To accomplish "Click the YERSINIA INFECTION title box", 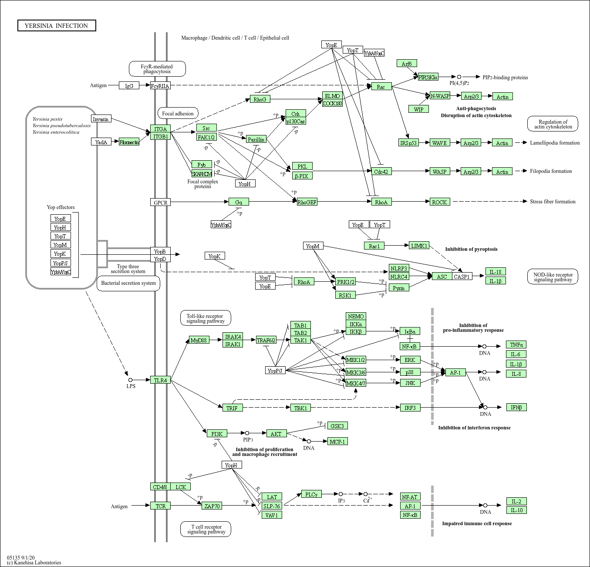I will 57,26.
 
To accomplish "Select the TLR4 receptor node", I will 160,380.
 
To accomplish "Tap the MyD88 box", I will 199,340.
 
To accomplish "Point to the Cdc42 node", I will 381,172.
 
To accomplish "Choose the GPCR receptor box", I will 160,202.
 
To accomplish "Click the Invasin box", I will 101,119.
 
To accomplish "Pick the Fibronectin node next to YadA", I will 129,142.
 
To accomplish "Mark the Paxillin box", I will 256,139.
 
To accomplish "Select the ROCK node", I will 439,202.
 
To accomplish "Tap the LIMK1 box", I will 419,246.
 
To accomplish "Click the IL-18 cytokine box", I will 496,272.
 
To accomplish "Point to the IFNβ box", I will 516,407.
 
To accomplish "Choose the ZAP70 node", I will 212,506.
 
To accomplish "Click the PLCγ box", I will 311,494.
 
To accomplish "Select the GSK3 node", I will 337,426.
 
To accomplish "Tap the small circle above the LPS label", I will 130,380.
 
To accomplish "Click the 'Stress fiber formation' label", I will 553,202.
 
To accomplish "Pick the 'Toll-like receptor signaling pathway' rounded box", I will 205,318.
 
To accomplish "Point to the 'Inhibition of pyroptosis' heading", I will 471,249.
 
